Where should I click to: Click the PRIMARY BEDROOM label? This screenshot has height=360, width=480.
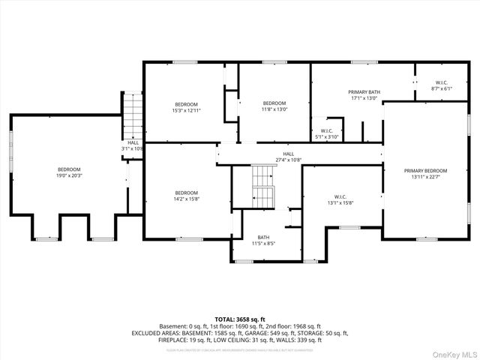pos(425,170)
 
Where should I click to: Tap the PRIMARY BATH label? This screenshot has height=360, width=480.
pos(365,92)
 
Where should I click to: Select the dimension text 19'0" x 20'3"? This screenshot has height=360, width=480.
pos(69,176)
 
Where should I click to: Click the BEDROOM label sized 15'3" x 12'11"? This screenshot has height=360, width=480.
pos(187,104)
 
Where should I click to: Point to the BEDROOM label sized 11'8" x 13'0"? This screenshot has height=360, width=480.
pos(274,103)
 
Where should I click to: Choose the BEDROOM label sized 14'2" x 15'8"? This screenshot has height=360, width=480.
pos(187,193)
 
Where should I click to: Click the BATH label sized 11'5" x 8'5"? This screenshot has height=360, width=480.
pos(263,237)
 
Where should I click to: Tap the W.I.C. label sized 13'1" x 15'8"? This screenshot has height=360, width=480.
pos(340,196)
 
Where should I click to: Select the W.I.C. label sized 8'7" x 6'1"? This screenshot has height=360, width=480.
pos(442,82)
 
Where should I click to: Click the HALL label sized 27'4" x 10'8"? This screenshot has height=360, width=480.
pos(278,154)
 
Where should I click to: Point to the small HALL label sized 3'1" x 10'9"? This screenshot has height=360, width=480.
pos(133,142)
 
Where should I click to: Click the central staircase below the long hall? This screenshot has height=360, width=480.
pos(263,187)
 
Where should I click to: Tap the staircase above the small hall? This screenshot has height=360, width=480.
pos(132,112)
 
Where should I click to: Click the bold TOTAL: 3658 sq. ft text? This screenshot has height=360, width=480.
pos(240,319)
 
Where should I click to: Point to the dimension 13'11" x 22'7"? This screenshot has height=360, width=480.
pos(425,177)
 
